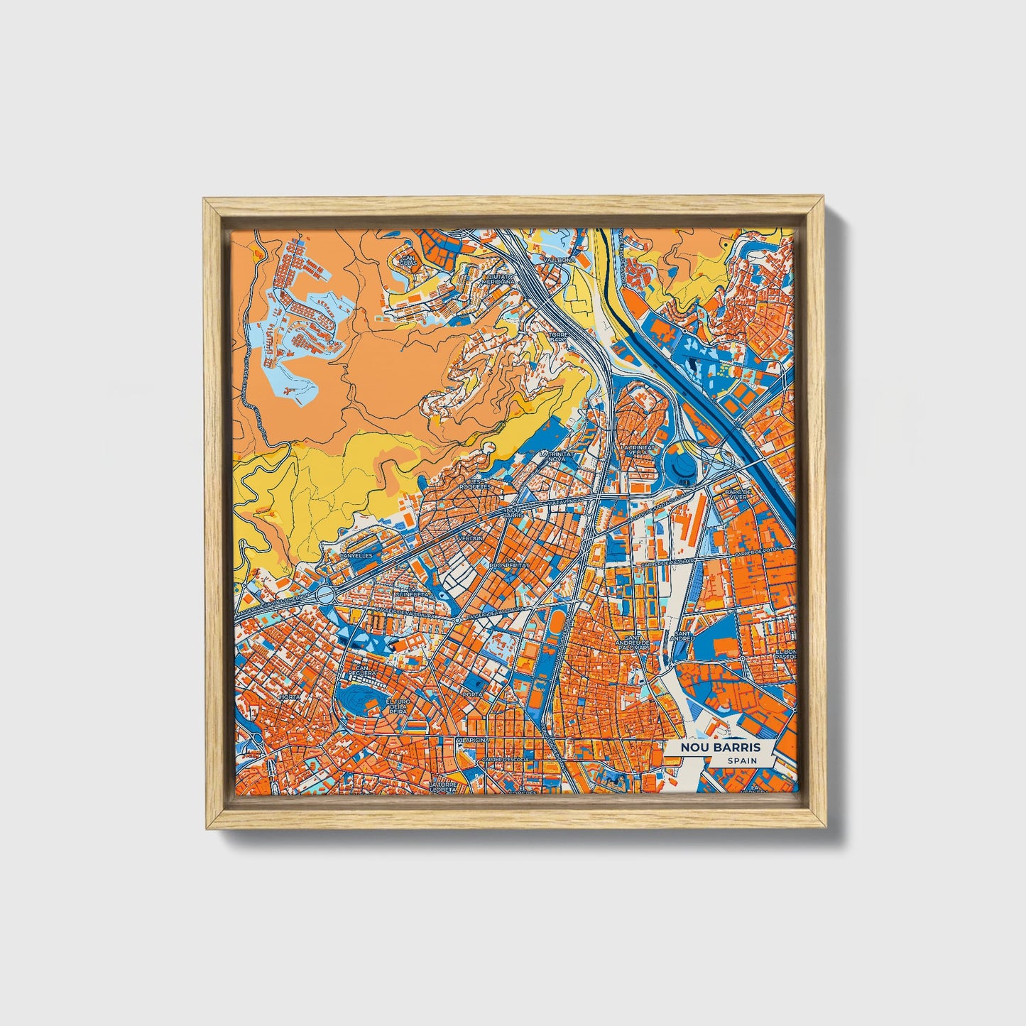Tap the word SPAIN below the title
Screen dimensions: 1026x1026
pos(741,761)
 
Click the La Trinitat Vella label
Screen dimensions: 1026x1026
pos(637,452)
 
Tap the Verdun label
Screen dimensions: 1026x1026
pos(469,538)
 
